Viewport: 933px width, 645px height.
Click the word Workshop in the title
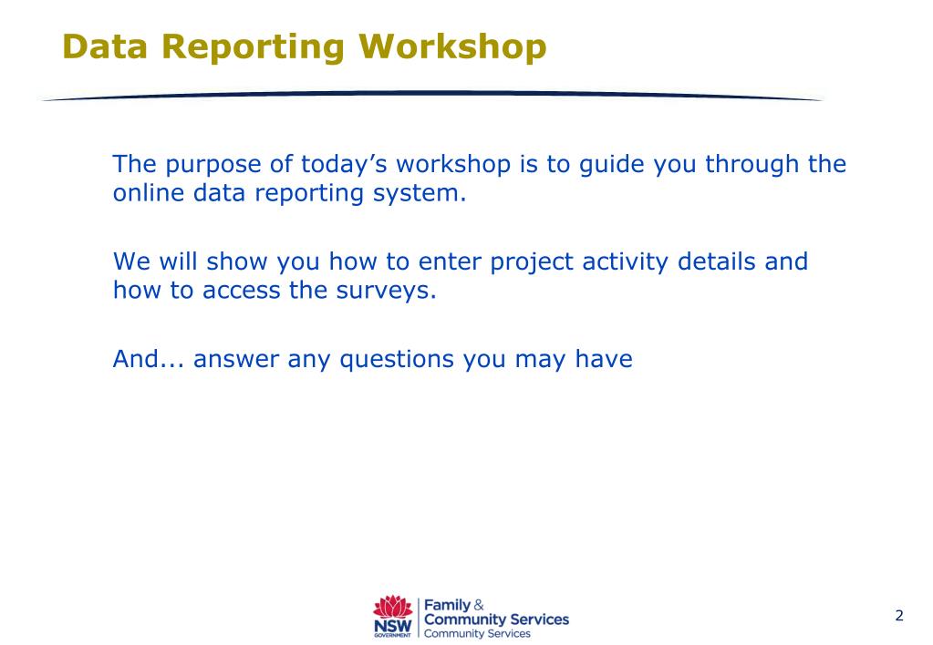coord(452,47)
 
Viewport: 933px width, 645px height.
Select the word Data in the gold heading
coord(105,46)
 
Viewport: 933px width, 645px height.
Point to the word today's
coord(344,165)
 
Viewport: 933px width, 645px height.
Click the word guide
coord(612,165)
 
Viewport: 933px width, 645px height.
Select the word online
coord(149,192)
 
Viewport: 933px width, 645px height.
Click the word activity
coord(626,262)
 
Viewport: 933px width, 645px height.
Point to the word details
coord(717,261)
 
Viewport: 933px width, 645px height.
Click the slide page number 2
coord(899,615)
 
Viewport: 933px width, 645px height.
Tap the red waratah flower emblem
coord(393,607)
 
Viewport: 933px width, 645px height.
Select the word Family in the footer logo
coord(447,606)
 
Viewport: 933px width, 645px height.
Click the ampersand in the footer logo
coord(479,605)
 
